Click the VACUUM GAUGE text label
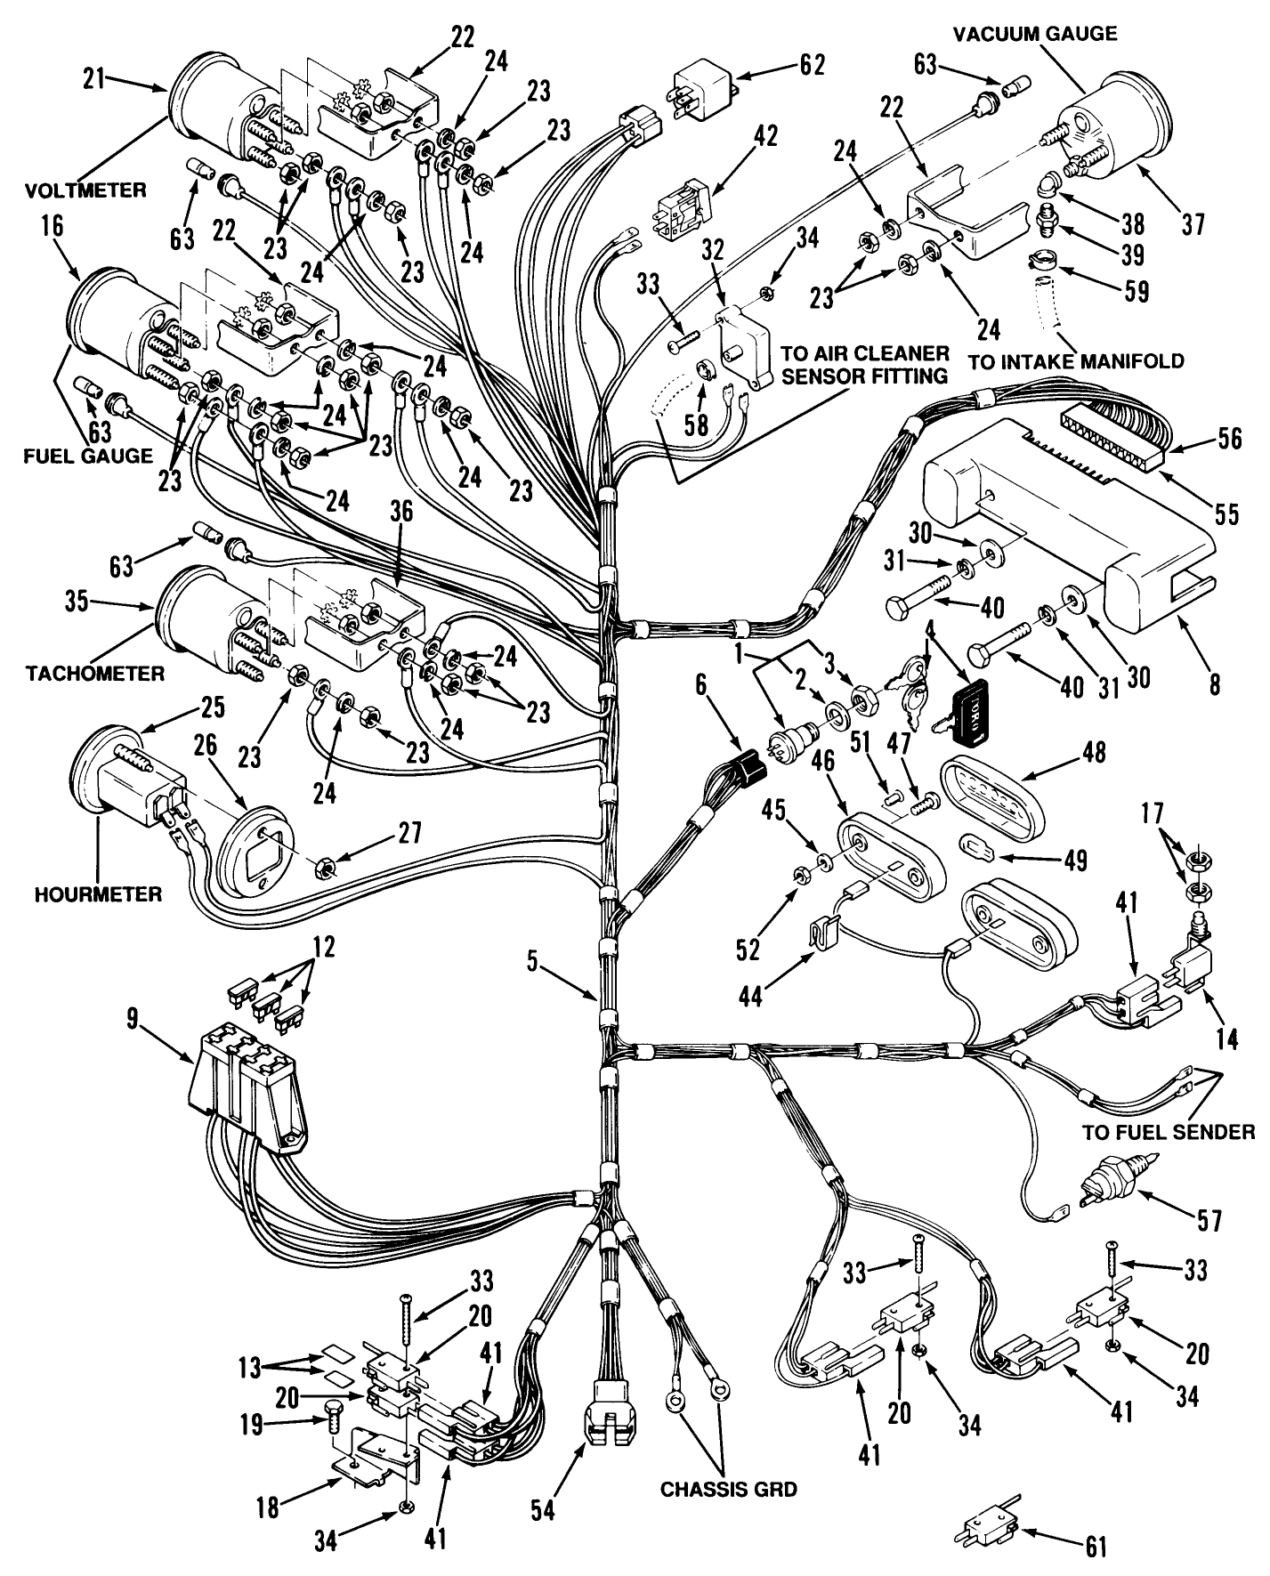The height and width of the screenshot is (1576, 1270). [x=1035, y=34]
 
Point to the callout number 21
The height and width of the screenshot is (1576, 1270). [x=93, y=80]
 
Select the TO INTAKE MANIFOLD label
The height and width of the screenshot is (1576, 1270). [x=1076, y=361]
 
